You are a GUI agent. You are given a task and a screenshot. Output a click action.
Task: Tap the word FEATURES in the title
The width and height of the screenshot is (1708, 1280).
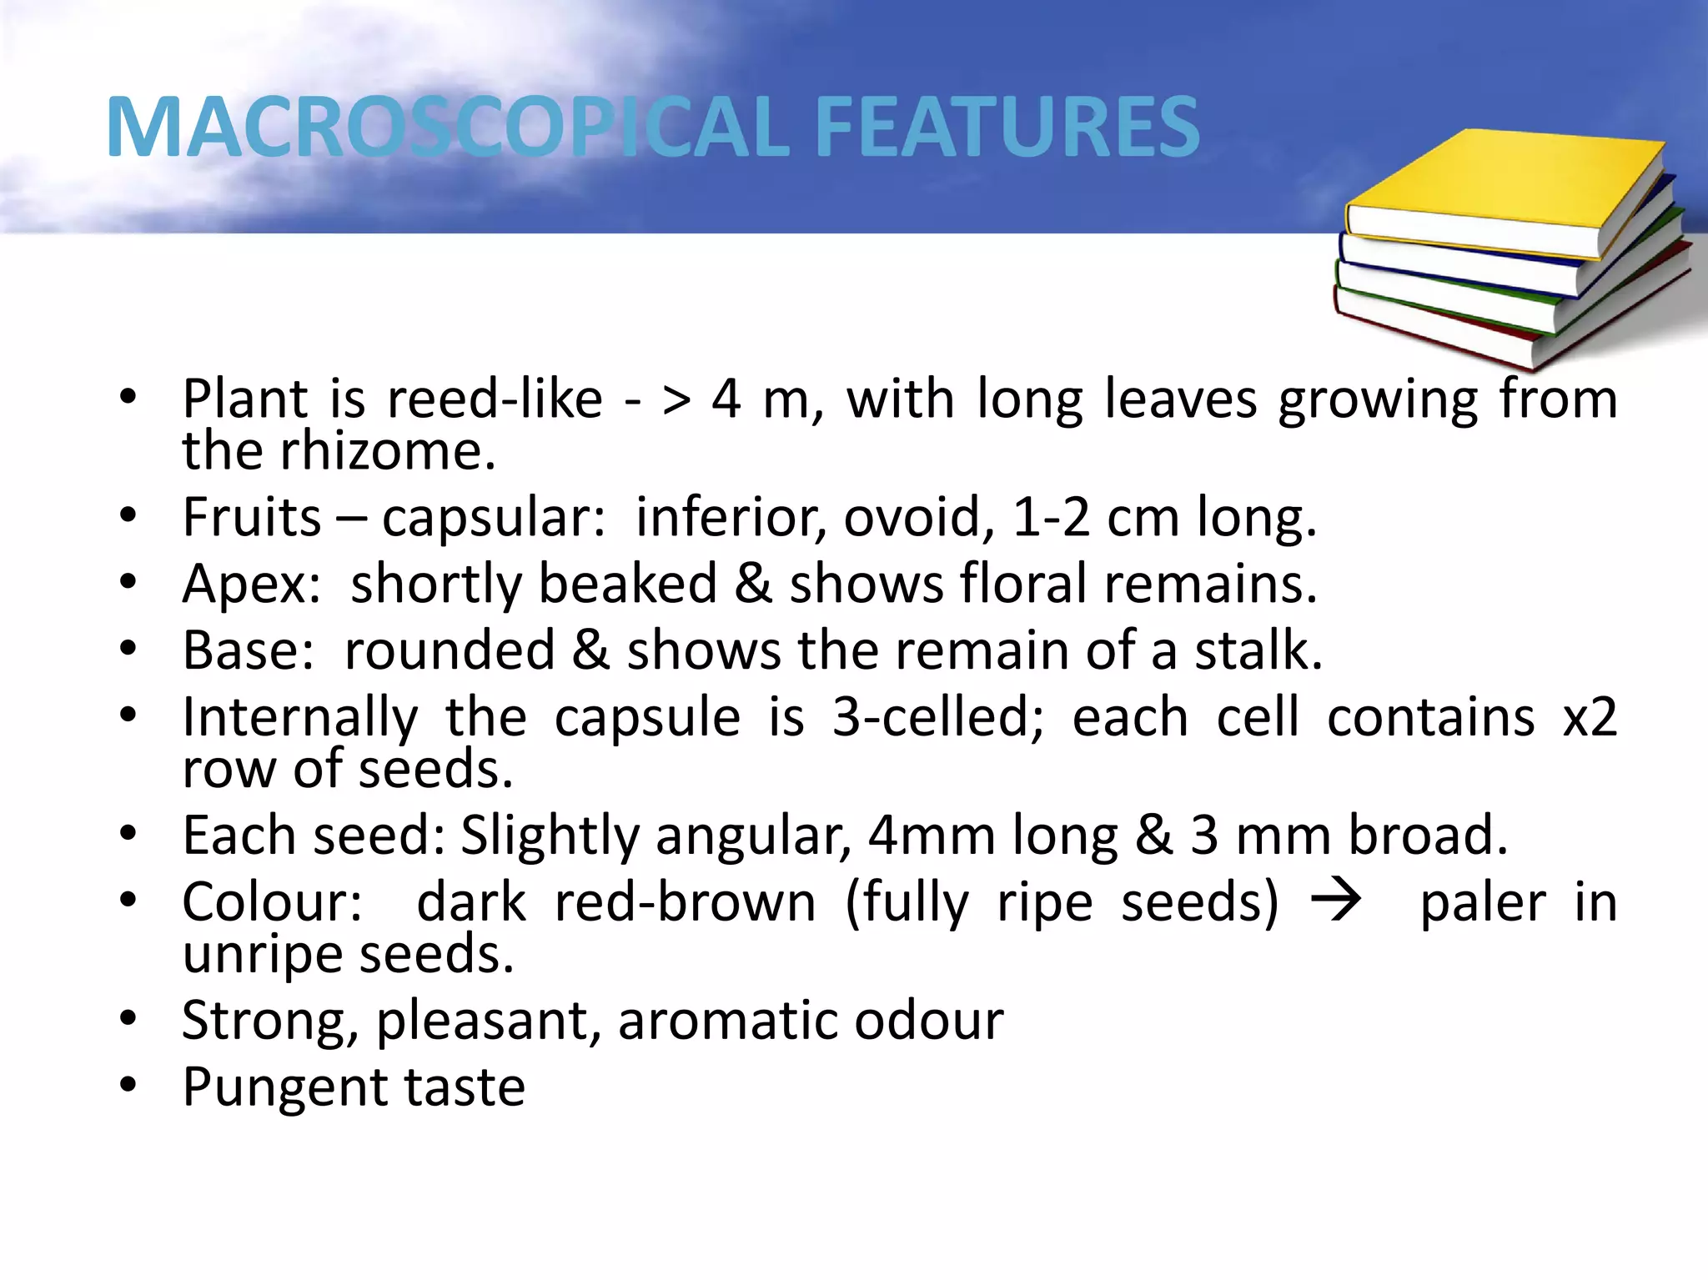tap(1006, 127)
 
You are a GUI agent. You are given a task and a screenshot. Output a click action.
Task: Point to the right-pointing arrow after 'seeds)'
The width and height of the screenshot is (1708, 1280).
tap(1336, 901)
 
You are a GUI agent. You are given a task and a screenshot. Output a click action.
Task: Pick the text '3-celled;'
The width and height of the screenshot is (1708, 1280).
tap(937, 718)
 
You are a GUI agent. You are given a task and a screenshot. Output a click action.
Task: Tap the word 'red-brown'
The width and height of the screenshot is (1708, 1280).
tap(685, 902)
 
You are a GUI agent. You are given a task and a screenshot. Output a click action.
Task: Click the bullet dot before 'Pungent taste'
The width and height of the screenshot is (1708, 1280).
tap(128, 1085)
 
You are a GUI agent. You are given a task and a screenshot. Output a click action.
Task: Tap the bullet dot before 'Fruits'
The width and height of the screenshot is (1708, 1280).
tap(128, 515)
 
